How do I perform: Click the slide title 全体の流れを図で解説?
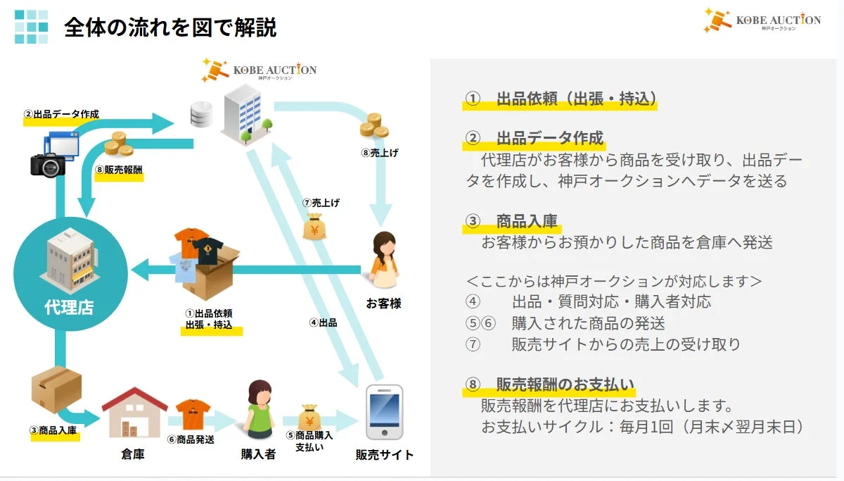[170, 27]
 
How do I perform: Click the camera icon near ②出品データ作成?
[48, 164]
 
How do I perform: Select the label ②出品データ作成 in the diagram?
[61, 114]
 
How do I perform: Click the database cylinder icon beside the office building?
[201, 114]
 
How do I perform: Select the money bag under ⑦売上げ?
[314, 227]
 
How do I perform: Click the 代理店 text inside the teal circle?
[69, 307]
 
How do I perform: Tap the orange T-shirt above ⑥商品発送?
[193, 413]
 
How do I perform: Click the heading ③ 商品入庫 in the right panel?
[511, 222]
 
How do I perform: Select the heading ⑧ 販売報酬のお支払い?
[549, 385]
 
